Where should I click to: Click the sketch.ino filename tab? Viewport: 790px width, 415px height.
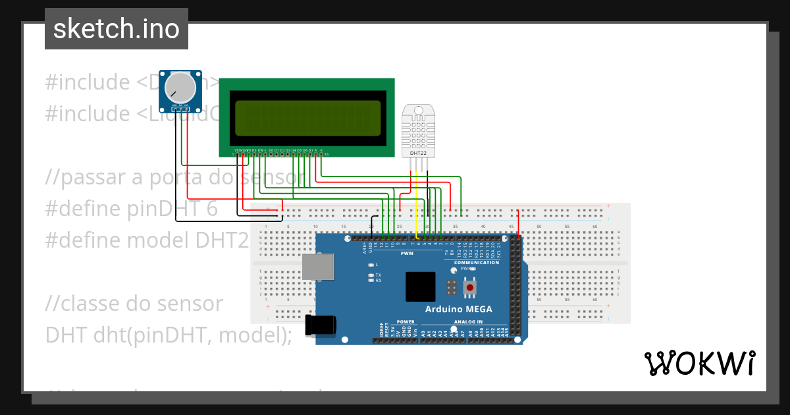coord(117,29)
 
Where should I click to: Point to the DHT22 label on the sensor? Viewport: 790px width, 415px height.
coord(417,153)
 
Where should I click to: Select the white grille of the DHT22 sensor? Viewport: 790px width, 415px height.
coord(417,128)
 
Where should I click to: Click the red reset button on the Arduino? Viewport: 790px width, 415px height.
coord(470,288)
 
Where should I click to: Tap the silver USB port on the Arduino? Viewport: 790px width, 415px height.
coord(317,267)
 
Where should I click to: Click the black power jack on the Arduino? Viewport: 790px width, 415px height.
coord(322,323)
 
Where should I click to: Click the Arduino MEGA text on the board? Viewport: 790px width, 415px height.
coord(458,310)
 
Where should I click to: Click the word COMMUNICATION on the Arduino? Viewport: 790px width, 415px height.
coord(477,263)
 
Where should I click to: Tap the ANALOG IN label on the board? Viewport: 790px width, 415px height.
coord(468,322)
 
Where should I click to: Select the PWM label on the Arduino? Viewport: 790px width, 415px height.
coord(408,253)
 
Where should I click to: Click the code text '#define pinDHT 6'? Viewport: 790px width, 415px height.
coord(131,209)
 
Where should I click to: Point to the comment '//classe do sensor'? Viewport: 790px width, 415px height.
coord(134,304)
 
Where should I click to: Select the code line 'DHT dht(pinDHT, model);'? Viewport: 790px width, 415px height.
coord(169,335)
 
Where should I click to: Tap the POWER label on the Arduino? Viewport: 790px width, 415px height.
coord(406,322)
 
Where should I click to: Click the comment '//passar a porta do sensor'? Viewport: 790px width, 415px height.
coord(175,177)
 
